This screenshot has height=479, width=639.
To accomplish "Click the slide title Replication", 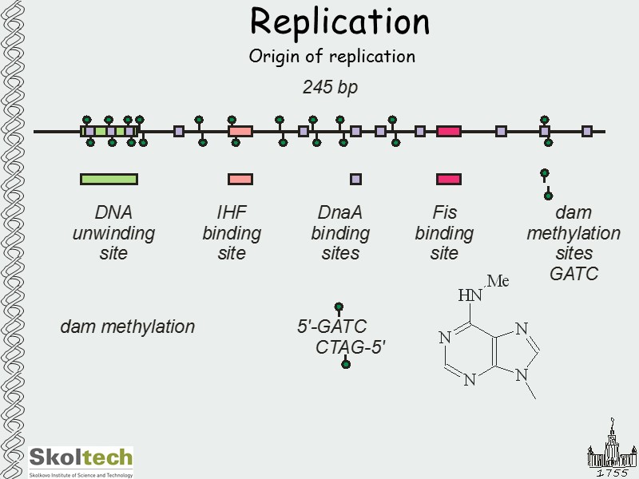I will click(x=339, y=22).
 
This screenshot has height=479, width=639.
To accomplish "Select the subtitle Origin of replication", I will click(x=331, y=57).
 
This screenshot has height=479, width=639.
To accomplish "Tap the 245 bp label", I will click(x=330, y=88).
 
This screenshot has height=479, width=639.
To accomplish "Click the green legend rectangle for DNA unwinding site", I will click(x=109, y=179).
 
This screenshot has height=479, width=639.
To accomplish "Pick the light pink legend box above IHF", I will click(x=240, y=179).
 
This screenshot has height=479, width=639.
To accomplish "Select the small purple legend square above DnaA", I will click(x=355, y=179).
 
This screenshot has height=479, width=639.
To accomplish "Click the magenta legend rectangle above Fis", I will click(x=448, y=179).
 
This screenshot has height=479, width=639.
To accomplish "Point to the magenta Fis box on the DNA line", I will click(x=448, y=131).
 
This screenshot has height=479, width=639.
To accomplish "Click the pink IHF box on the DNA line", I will click(x=240, y=131).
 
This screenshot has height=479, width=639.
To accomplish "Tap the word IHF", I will click(x=232, y=213).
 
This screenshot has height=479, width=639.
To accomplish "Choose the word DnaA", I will click(x=340, y=213).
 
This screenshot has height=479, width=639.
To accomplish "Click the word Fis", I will click(x=444, y=213).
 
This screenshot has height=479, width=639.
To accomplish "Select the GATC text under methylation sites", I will click(x=574, y=274).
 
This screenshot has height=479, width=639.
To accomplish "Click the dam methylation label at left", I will click(x=127, y=327).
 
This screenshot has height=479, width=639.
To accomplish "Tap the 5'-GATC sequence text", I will click(x=331, y=327).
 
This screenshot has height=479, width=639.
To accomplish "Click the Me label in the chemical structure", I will click(x=498, y=281).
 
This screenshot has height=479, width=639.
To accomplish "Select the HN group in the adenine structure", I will click(x=470, y=295).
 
